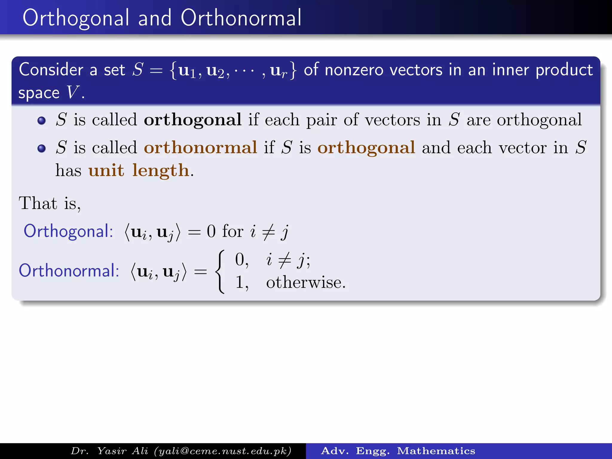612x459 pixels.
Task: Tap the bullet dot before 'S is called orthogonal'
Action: pos(42,120)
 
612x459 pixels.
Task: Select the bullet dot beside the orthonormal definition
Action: pos(42,148)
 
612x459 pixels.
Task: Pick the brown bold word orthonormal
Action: pos(200,148)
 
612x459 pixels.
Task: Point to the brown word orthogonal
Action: pos(366,148)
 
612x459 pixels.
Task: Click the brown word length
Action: pos(160,170)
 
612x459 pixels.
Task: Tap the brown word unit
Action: pos(106,170)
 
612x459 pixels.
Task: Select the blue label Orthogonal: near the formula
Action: pos(68,231)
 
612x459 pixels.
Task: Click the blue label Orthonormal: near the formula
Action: pos(69,271)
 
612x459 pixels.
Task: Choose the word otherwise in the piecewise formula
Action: pos(305,282)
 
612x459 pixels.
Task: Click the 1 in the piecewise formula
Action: pos(240,282)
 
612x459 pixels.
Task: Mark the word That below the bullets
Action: pos(38,204)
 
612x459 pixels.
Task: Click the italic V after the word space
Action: pos(73,92)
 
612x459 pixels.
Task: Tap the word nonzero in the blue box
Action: pos(354,70)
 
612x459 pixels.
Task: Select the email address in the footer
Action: pos(223,451)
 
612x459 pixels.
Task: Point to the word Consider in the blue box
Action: pos(51,70)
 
